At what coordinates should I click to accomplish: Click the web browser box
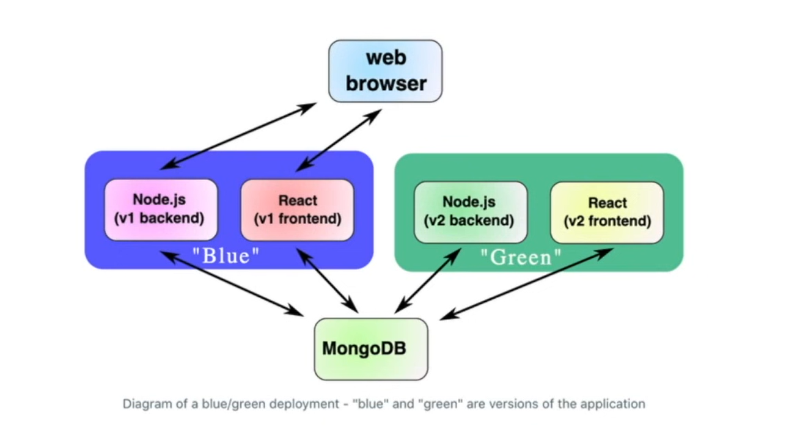point(385,71)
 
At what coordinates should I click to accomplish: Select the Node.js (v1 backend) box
point(161,210)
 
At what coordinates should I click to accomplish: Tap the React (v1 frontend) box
point(297,210)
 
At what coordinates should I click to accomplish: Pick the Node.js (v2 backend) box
point(469,211)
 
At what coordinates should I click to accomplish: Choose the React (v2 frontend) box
point(606,212)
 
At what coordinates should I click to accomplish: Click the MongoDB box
point(370,349)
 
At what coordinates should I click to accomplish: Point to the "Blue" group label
point(226,255)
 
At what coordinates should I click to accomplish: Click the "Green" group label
point(520,257)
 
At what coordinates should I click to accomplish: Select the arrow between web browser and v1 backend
point(238,136)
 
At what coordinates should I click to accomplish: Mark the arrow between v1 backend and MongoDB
point(232,284)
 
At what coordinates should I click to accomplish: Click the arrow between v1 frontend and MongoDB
point(328,280)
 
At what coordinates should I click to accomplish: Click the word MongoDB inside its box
point(364,349)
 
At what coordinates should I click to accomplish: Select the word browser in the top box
point(385,83)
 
